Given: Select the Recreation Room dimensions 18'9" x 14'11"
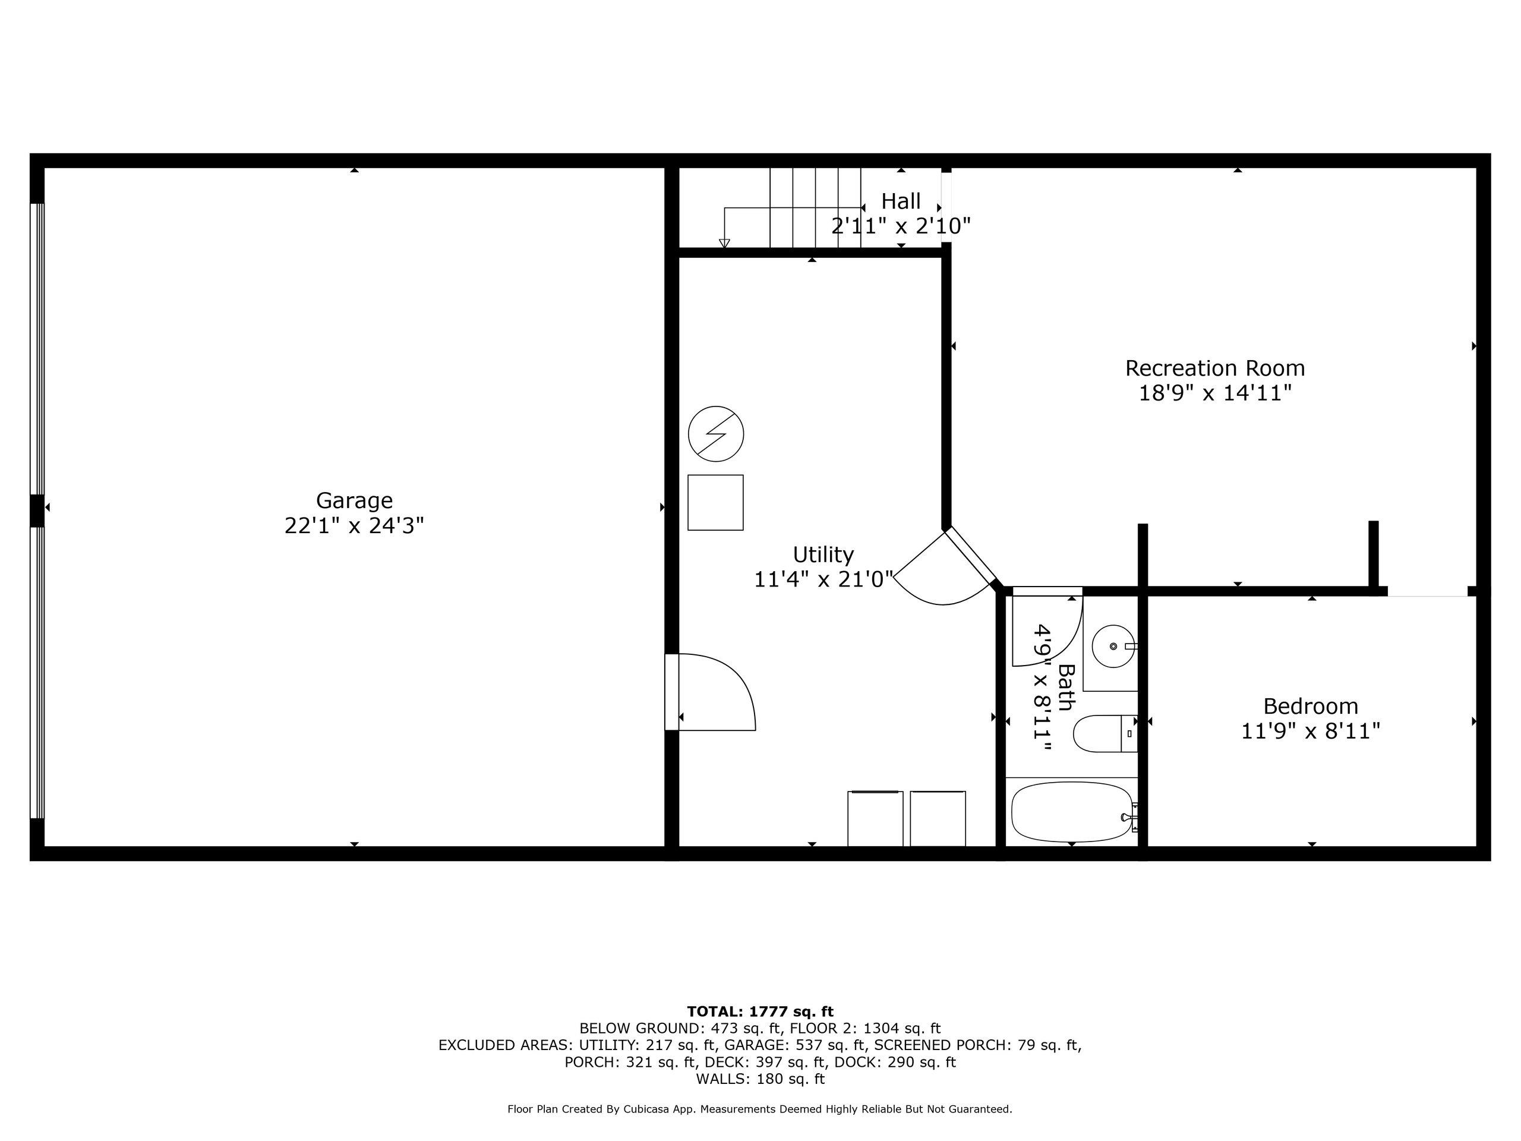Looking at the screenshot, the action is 1215,393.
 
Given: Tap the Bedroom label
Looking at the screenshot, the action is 1311,707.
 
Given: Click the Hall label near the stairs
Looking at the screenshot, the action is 901,201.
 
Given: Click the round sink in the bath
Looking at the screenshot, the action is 1114,647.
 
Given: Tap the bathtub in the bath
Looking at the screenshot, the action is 1072,812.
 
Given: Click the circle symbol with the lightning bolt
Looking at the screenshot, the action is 716,434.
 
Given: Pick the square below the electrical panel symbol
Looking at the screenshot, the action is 716,503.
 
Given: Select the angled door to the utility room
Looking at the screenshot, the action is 945,568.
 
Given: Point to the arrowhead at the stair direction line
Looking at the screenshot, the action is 724,244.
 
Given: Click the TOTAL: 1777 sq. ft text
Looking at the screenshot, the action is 760,1011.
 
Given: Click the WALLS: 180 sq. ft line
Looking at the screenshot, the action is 760,1079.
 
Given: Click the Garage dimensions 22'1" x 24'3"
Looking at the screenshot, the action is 354,526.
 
